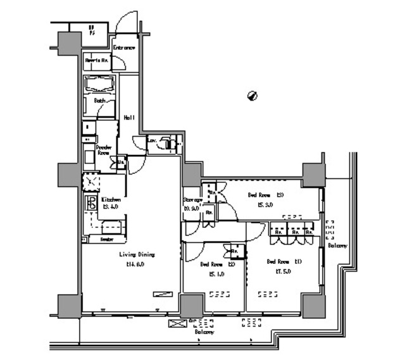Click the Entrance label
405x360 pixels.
click(x=125, y=47)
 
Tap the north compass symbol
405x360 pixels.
click(x=252, y=96)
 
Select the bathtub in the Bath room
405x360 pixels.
click(x=100, y=85)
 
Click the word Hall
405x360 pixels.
click(x=129, y=117)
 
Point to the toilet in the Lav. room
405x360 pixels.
click(x=167, y=144)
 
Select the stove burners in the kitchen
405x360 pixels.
click(x=90, y=204)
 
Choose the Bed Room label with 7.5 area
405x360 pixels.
click(x=278, y=261)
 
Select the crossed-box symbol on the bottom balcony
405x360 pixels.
click(x=175, y=323)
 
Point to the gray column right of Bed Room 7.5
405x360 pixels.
click(x=313, y=306)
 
